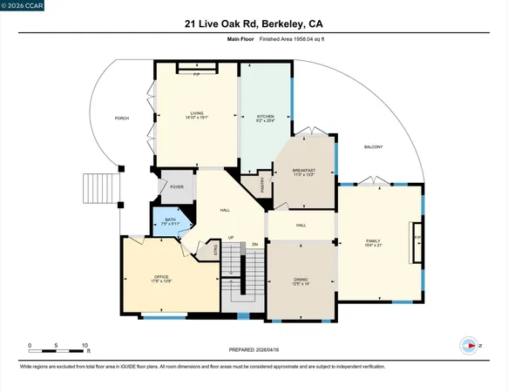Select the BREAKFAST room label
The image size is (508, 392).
point(304,171)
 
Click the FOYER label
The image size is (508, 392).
point(177,186)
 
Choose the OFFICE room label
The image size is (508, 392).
point(161,277)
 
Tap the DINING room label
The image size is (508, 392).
point(301,279)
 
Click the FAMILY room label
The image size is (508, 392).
point(373,241)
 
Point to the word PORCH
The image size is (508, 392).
point(122,118)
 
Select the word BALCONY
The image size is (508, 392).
point(374,146)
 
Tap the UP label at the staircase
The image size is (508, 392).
point(231,238)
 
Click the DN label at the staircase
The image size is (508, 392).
point(255,244)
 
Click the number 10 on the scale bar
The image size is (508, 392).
point(85,346)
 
